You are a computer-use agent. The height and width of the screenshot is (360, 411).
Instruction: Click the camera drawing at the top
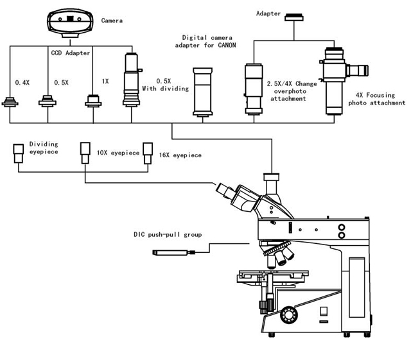70,23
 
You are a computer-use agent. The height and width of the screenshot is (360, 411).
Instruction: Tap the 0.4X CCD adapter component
10,102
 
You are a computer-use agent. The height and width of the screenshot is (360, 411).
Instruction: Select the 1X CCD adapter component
93,101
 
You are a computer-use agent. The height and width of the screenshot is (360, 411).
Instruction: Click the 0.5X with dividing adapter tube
132,80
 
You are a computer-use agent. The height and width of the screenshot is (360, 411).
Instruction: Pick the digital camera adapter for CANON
203,92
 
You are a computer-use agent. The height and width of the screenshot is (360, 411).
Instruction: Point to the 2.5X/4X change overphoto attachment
253,89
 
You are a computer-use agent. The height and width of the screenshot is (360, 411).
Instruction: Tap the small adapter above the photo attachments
294,17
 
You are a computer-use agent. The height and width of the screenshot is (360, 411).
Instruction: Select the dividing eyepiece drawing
19,153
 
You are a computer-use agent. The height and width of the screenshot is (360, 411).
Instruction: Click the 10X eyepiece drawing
85,153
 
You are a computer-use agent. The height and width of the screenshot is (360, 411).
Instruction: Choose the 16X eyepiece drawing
148,153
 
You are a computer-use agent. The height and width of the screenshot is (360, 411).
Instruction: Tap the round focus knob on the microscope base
289,314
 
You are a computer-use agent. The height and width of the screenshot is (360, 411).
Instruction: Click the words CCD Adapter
71,53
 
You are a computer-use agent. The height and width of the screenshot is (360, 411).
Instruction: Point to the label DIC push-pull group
168,234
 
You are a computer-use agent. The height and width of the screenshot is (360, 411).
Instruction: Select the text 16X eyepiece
180,155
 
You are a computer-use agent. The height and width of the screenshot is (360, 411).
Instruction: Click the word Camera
112,21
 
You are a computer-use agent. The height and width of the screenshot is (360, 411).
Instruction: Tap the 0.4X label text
22,83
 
